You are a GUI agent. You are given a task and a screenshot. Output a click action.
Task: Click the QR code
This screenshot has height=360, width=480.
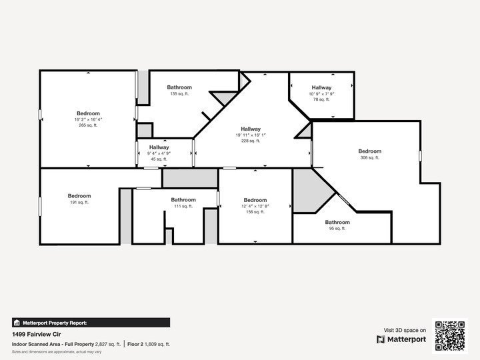point(450,336)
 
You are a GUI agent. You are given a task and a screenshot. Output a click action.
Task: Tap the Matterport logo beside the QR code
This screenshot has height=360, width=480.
point(401,339)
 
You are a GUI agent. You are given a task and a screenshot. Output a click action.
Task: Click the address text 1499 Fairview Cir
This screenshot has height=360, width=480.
point(37,334)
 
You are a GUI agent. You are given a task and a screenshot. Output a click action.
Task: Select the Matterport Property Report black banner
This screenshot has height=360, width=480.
point(91,323)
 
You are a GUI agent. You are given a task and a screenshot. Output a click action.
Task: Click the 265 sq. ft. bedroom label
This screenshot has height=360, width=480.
point(88,119)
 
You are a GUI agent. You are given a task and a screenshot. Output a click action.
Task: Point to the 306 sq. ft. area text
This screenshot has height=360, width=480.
point(370,157)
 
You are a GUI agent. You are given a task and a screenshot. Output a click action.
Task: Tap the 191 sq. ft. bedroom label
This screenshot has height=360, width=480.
point(79,199)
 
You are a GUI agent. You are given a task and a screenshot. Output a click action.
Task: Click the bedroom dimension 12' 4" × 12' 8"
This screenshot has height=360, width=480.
point(255,206)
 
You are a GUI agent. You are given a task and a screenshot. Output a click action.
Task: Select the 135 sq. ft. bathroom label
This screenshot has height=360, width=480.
point(179,90)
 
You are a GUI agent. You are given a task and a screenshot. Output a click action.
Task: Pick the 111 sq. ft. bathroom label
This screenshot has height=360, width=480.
point(183,203)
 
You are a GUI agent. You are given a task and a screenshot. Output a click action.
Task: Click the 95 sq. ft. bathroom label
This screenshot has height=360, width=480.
point(337,225)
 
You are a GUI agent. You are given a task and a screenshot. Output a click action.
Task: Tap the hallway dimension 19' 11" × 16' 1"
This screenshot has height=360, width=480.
point(251,135)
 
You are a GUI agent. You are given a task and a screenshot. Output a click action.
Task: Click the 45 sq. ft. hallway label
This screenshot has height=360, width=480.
point(159,153)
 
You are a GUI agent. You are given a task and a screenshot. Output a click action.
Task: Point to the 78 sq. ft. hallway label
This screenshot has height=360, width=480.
point(321,93)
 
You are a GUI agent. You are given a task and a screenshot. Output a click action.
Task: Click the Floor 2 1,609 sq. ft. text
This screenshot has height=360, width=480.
point(149,344)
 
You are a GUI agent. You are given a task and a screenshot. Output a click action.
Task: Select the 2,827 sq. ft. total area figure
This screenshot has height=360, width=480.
point(108,344)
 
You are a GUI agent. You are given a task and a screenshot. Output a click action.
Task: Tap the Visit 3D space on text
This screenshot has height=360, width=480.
point(405,330)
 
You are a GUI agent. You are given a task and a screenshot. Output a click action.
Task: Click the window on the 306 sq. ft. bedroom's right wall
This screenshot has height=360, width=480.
point(420,156)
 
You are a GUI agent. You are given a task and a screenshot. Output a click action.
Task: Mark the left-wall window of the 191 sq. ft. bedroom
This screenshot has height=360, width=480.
point(40,206)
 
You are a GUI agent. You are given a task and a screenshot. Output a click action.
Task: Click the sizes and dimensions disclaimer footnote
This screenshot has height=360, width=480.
point(57,352)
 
